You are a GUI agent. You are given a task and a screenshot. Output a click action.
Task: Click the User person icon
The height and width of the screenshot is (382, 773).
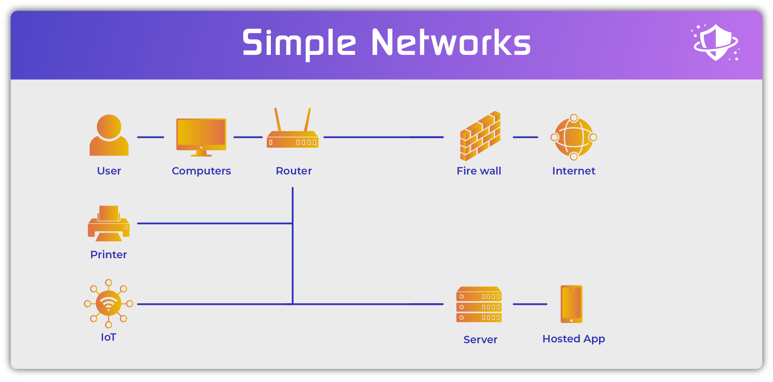point(109,135)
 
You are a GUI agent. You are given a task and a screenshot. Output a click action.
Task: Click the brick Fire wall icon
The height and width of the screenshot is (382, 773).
point(480,136)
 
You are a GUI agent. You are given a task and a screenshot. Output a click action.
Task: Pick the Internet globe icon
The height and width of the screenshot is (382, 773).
point(573,137)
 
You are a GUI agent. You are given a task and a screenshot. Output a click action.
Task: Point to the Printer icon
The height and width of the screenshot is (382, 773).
point(108,224)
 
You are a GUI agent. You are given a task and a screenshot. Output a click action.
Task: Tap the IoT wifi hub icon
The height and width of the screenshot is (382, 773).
point(108,304)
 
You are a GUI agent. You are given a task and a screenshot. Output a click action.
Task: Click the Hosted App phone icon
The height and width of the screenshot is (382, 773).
point(571,304)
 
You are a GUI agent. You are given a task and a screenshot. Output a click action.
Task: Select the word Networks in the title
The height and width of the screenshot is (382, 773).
point(451,43)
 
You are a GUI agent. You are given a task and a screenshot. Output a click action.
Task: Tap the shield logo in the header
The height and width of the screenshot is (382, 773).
point(716,42)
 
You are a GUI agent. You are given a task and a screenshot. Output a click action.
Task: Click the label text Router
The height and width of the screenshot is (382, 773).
point(294,171)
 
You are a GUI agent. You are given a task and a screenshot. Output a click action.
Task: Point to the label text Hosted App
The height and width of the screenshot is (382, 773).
point(573,339)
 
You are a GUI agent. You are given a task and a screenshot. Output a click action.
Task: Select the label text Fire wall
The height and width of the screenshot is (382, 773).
point(479,171)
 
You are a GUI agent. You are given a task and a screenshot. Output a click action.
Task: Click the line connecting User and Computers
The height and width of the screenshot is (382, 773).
point(150,137)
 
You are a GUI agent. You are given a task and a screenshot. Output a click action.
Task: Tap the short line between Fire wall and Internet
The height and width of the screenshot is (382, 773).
point(525,137)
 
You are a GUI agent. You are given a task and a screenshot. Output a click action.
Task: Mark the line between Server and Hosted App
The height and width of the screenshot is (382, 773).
point(530,304)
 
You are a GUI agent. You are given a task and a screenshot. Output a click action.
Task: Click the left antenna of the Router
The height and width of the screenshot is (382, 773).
point(278,120)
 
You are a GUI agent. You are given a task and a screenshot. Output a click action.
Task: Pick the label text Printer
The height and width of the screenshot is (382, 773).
point(108,255)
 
